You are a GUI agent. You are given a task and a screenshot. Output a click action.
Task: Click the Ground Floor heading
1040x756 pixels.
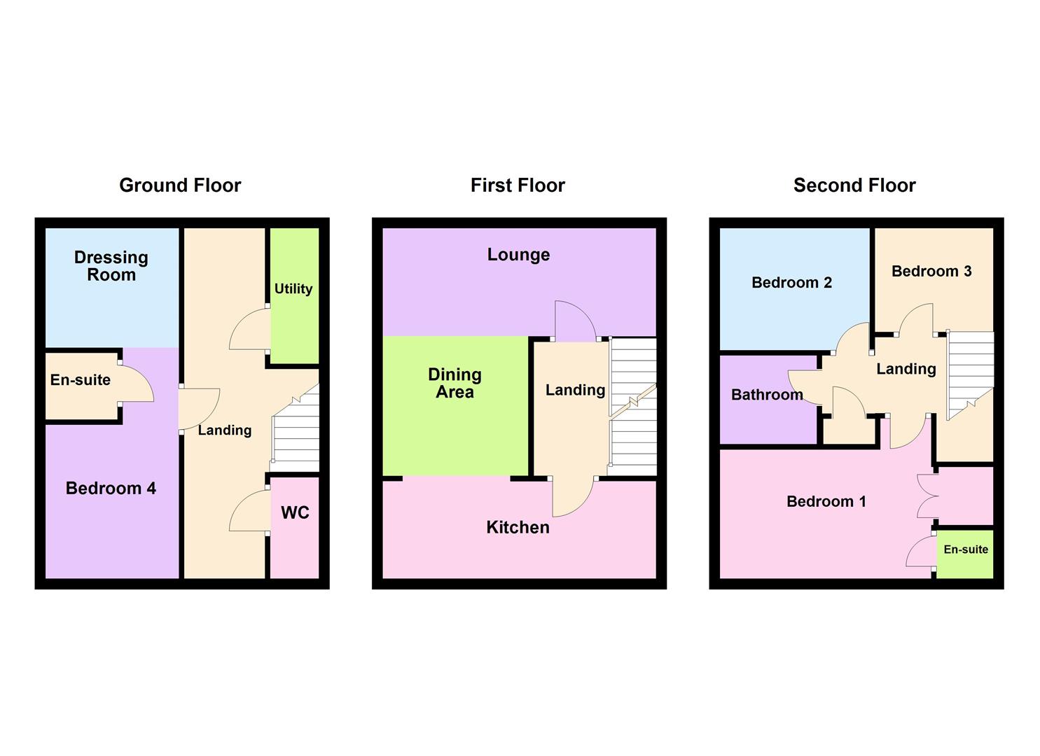tap(180, 185)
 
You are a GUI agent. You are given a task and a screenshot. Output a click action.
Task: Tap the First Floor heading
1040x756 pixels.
tap(518, 185)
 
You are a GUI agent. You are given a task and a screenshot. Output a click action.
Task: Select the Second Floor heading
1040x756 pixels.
tap(854, 185)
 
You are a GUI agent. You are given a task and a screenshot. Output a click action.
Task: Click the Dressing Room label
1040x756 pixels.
tap(111, 266)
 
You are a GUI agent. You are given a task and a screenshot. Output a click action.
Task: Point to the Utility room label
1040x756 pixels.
tap(293, 288)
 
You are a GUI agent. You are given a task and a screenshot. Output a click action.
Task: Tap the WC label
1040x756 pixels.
tap(295, 513)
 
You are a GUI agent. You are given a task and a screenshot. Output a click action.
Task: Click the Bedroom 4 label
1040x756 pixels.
tap(111, 489)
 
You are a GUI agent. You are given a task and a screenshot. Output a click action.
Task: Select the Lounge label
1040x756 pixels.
tap(518, 255)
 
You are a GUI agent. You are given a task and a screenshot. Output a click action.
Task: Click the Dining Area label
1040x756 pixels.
tap(455, 383)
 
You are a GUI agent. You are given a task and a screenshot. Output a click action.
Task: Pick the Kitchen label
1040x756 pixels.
tap(518, 527)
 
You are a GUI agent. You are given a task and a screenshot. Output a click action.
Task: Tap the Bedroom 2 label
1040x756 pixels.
tap(791, 283)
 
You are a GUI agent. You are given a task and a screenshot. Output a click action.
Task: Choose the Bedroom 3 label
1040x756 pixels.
tap(931, 272)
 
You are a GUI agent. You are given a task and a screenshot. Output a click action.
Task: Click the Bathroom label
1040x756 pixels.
tap(767, 395)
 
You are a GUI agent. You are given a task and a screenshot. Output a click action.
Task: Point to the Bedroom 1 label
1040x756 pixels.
tap(826, 501)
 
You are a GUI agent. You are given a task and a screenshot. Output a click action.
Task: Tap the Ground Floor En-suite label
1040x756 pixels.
tap(81, 380)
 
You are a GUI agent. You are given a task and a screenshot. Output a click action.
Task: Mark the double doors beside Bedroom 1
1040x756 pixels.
tap(927, 496)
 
